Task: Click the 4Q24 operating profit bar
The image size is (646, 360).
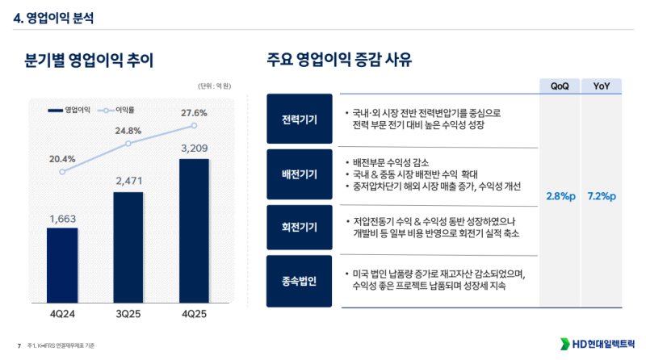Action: point(62,263)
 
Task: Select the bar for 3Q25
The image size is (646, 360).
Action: point(128,246)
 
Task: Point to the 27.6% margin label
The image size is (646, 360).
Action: point(195,112)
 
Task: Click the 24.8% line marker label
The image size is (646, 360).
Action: point(128,131)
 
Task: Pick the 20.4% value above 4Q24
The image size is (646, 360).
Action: point(62,158)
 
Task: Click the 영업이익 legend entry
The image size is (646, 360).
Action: point(71,108)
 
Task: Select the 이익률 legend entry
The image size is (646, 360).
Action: point(120,108)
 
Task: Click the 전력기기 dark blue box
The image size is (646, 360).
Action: point(299,119)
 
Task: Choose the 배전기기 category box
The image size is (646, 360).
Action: point(299,174)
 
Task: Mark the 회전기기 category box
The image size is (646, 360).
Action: point(299,228)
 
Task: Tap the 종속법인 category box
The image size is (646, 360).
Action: point(299,281)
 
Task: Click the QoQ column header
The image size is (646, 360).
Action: point(560,86)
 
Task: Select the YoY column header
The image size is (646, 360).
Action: point(602,86)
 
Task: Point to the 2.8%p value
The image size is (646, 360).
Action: point(560,196)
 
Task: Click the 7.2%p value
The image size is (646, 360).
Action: point(602,196)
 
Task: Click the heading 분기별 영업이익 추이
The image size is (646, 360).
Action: point(89,60)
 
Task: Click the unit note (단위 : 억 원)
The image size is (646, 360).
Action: point(215,86)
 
